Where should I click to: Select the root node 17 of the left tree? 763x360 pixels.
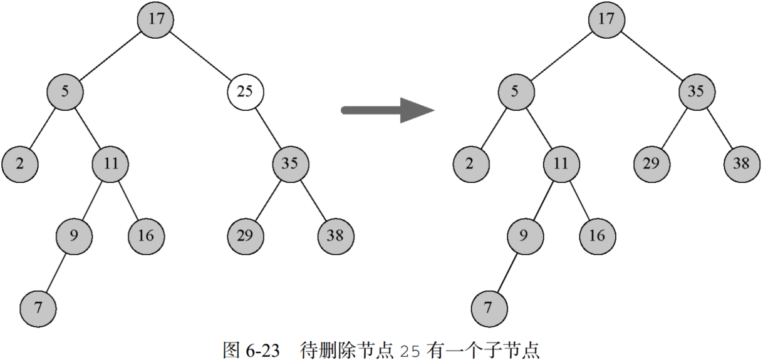156,19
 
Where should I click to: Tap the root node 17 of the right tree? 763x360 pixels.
606,19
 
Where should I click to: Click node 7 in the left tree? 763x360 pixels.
38,308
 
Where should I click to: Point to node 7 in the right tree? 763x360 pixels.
489,308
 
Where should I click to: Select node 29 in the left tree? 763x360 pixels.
245,235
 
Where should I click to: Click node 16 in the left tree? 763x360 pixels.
147,235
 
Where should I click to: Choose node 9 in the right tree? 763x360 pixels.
525,235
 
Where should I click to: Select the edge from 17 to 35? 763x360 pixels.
651,55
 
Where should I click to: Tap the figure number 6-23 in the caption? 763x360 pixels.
259,349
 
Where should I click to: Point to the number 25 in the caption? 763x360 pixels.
412,349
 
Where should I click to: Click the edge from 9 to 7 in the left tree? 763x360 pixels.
56,272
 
